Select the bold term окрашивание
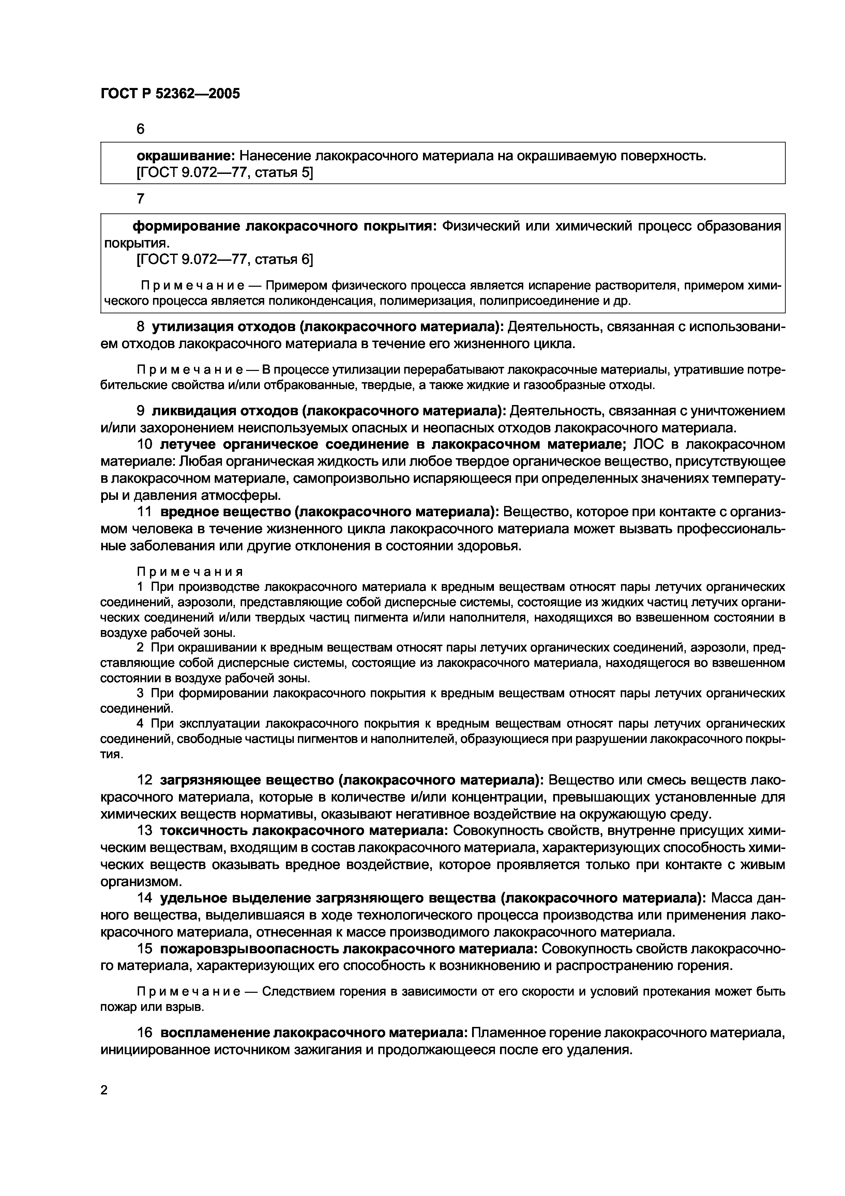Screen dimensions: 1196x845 pyautogui.click(x=186, y=156)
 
